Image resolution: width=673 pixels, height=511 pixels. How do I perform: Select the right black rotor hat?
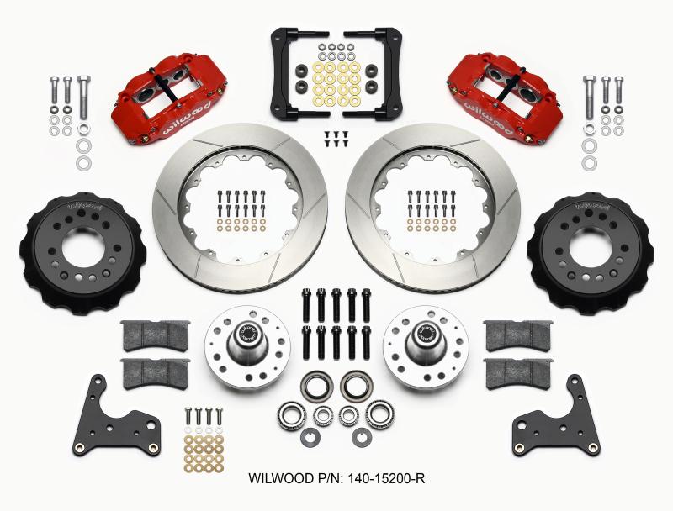590,253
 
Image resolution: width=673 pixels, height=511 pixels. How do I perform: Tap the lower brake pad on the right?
517,370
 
